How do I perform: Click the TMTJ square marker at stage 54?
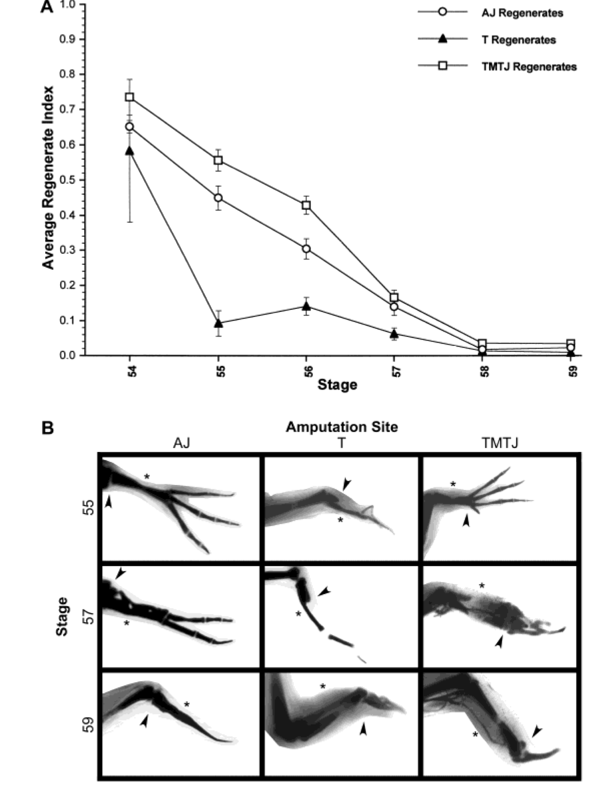point(130,97)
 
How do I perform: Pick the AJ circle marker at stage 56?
point(306,249)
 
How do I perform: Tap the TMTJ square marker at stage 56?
point(306,205)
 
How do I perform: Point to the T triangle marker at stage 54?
point(130,151)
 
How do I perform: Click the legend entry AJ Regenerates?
point(522,13)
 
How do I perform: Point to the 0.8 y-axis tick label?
point(68,74)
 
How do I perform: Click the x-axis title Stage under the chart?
point(337,384)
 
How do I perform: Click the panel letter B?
point(48,428)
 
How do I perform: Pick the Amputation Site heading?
point(341,427)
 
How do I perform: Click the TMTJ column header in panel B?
point(500,443)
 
